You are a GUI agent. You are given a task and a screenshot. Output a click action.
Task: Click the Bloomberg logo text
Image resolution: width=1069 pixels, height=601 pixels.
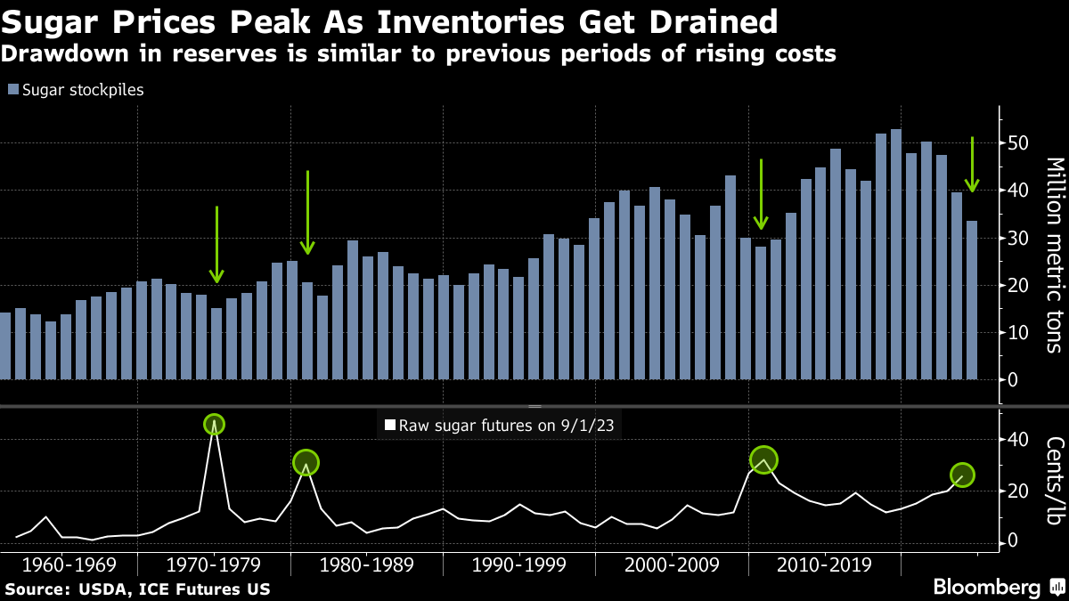click(986, 588)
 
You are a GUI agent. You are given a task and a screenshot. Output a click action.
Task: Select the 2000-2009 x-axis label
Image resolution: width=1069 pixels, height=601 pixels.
click(673, 564)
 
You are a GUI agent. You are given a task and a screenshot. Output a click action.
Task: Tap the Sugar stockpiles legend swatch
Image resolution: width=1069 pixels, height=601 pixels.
click(12, 90)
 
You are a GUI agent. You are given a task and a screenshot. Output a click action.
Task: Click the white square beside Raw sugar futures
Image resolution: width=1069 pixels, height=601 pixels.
click(388, 426)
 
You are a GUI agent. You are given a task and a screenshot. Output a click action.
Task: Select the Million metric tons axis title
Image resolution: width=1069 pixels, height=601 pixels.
click(1054, 255)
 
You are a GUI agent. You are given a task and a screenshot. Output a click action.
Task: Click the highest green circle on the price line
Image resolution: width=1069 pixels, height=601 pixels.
click(214, 425)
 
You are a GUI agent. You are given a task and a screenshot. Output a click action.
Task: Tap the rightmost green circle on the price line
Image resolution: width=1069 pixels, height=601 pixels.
click(962, 475)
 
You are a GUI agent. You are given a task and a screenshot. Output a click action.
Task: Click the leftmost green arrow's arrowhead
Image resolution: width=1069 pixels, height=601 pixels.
click(216, 276)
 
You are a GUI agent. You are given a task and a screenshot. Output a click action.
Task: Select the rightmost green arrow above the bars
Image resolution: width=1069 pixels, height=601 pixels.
click(973, 165)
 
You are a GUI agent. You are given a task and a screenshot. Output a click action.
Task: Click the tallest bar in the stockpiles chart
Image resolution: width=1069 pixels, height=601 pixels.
click(896, 255)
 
